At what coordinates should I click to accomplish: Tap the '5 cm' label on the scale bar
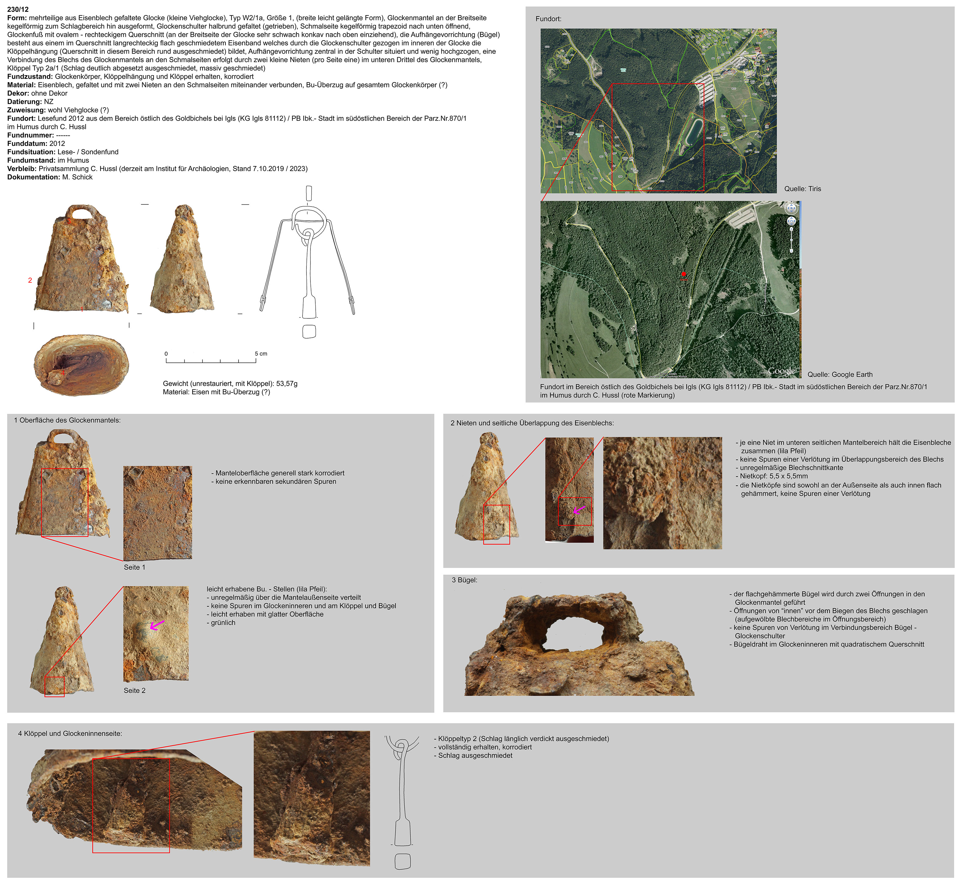[261, 353]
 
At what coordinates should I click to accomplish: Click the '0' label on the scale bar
[166, 353]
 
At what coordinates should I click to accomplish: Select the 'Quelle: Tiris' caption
[802, 189]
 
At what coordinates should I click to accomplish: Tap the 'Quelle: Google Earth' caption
[840, 374]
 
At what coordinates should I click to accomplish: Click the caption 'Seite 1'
[134, 567]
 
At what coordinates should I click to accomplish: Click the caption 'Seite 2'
[134, 690]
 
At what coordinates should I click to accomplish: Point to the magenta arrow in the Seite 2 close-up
[157, 625]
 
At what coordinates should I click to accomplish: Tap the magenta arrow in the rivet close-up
[579, 509]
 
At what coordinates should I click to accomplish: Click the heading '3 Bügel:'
[465, 580]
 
